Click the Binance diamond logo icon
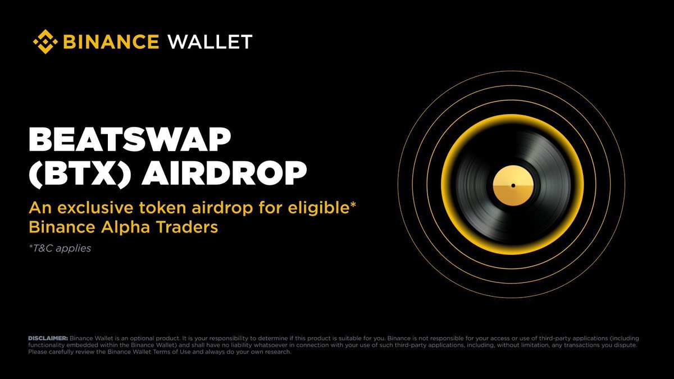[x=46, y=42]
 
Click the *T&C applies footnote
[x=59, y=248]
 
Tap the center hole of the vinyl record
[x=513, y=185]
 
